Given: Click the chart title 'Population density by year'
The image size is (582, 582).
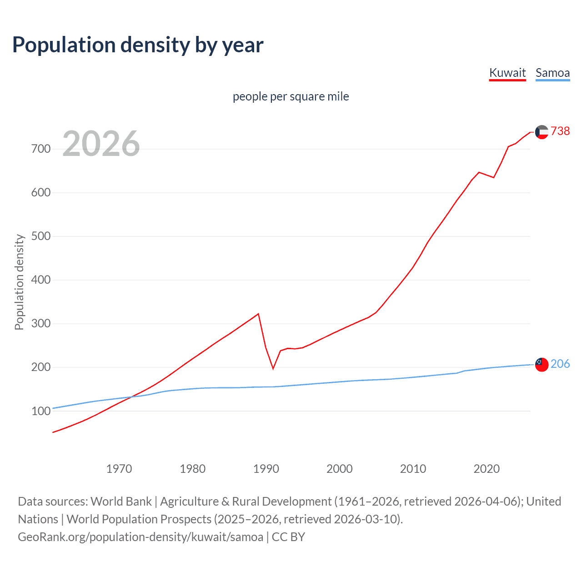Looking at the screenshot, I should pyautogui.click(x=138, y=45).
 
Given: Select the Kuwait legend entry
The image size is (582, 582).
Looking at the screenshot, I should pyautogui.click(x=507, y=73).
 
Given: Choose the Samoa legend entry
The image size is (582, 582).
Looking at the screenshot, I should pyautogui.click(x=552, y=73).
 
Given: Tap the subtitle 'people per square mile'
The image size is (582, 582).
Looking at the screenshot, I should pyautogui.click(x=291, y=96).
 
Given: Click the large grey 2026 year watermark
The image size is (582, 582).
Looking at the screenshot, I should pyautogui.click(x=101, y=144).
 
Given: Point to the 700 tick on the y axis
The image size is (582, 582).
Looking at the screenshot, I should pyautogui.click(x=40, y=149).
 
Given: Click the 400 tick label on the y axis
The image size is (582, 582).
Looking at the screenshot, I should pyautogui.click(x=40, y=280).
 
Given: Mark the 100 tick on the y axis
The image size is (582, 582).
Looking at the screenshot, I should pyautogui.click(x=40, y=411).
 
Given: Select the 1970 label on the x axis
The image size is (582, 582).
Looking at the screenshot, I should pyautogui.click(x=119, y=468).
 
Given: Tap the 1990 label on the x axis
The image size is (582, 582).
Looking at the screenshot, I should pyautogui.click(x=266, y=468).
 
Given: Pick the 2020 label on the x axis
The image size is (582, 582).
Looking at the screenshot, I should pyautogui.click(x=487, y=468).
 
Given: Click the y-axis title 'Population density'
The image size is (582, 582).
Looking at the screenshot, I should pyautogui.click(x=19, y=282).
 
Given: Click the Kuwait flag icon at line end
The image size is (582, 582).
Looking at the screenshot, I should pyautogui.click(x=542, y=132).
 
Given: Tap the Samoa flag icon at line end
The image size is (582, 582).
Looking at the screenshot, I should pyautogui.click(x=542, y=364).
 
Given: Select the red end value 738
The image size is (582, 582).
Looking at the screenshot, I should pyautogui.click(x=560, y=131).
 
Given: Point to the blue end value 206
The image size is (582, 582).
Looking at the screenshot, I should pyautogui.click(x=560, y=364).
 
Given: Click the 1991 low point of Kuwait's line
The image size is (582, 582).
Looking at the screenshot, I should pyautogui.click(x=273, y=368).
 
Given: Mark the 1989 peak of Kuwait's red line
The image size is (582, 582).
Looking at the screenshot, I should pyautogui.click(x=259, y=314).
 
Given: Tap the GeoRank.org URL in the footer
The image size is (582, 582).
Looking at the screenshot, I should pyautogui.click(x=140, y=537).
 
